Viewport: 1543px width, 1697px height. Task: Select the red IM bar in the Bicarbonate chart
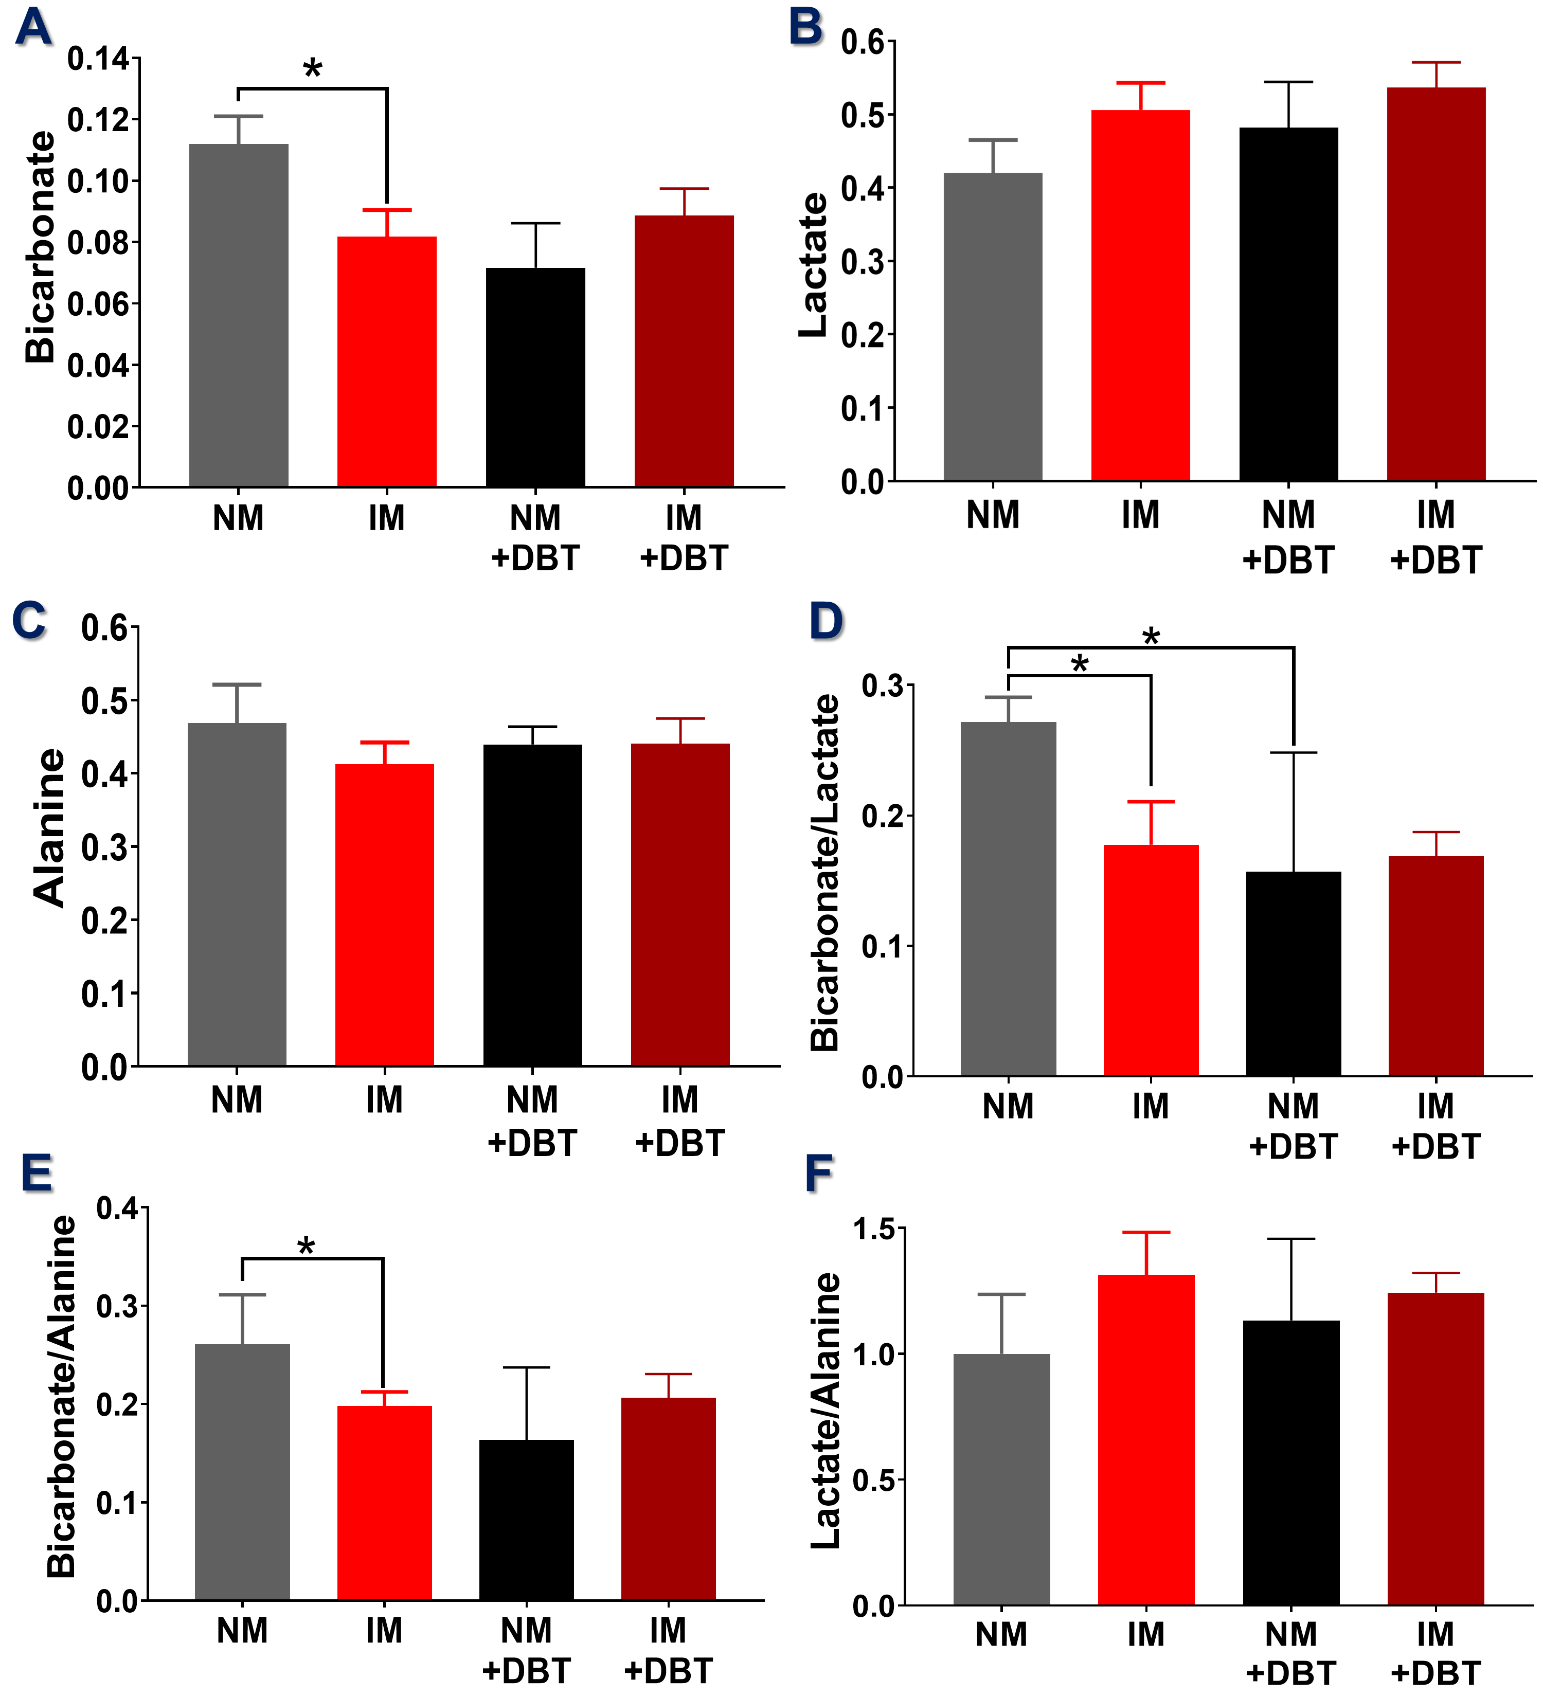[386, 362]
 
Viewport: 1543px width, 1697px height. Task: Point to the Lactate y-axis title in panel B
[814, 265]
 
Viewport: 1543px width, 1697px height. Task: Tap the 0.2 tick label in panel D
[882, 817]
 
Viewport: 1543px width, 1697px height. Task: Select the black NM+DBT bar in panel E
[526, 1520]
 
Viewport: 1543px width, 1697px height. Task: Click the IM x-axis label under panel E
[384, 1631]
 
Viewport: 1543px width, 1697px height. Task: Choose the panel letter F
[818, 1174]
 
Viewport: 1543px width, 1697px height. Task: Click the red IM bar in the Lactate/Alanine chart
[1145, 1439]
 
